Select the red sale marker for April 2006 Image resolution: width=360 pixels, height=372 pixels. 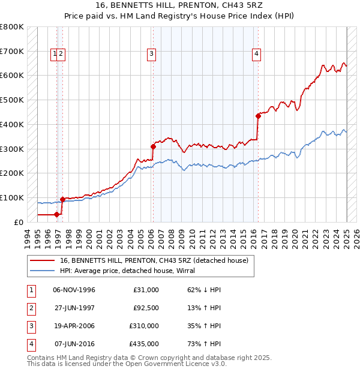click(153, 146)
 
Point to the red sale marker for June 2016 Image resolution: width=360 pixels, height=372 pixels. click(258, 116)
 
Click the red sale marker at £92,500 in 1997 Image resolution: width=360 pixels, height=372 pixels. click(62, 199)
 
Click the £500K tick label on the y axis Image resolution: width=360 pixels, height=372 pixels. click(12, 100)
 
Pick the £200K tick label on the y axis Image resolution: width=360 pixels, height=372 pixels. click(12, 173)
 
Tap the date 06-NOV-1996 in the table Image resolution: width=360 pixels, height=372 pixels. click(74, 290)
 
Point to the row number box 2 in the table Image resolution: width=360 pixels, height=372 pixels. click(31, 308)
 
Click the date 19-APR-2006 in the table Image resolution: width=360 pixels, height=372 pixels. click(74, 326)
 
